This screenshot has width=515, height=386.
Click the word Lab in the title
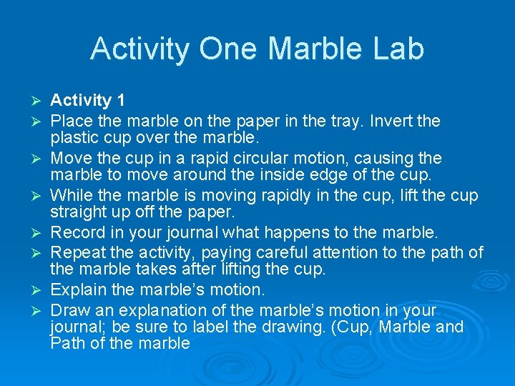398,49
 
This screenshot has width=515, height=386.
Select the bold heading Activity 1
91,101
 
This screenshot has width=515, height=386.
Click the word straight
80,214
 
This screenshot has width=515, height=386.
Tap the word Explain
79,290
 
